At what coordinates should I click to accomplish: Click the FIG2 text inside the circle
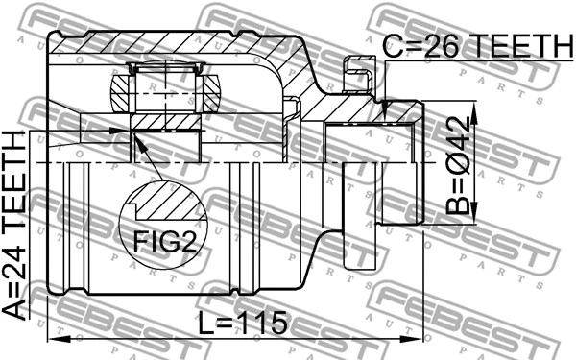pos(162,237)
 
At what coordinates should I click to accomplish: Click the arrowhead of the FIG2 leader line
pos(136,143)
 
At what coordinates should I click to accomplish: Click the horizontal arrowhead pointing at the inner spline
pos(122,129)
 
